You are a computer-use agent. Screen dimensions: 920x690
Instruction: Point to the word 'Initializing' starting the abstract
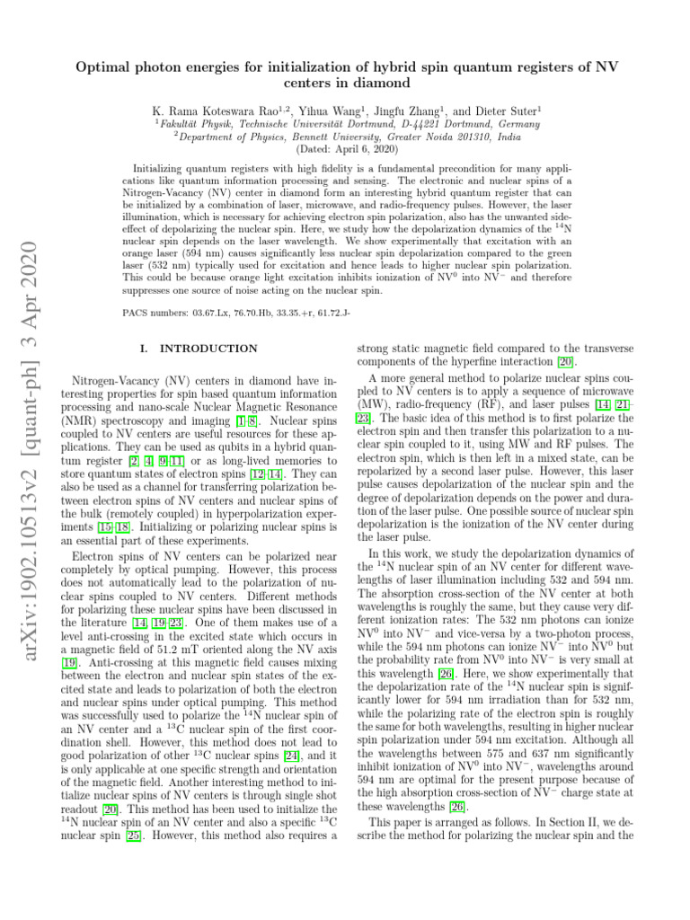(160, 168)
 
